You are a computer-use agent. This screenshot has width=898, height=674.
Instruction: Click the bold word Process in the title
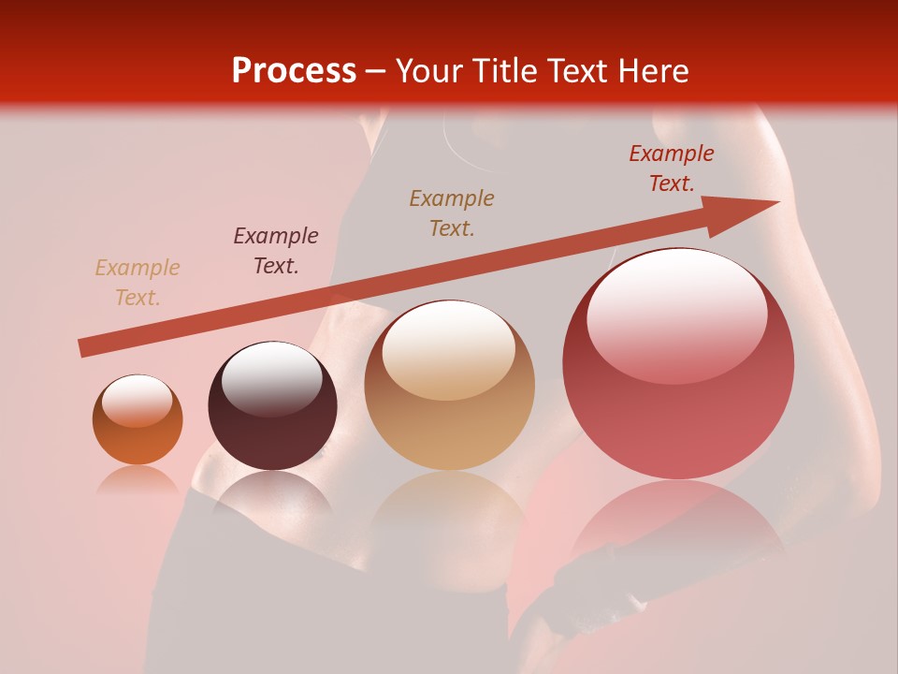click(x=294, y=70)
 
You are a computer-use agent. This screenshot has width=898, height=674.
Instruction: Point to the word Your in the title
click(x=427, y=71)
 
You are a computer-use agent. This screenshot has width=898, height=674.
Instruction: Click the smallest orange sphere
click(x=138, y=420)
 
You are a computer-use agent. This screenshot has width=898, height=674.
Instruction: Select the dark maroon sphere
click(x=272, y=406)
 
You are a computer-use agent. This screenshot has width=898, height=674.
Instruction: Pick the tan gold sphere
click(x=450, y=385)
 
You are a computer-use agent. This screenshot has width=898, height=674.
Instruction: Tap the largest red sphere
click(x=678, y=363)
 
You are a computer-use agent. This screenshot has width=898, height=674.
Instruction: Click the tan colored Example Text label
click(x=138, y=283)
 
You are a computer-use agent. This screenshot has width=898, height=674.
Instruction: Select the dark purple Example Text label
click(x=276, y=251)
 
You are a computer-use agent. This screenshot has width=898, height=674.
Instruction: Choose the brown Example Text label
click(x=452, y=212)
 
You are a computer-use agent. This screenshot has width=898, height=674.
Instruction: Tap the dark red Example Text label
click(x=672, y=168)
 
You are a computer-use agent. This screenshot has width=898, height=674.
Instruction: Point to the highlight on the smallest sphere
click(x=137, y=400)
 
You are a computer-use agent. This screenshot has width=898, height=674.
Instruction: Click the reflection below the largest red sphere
click(x=678, y=524)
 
